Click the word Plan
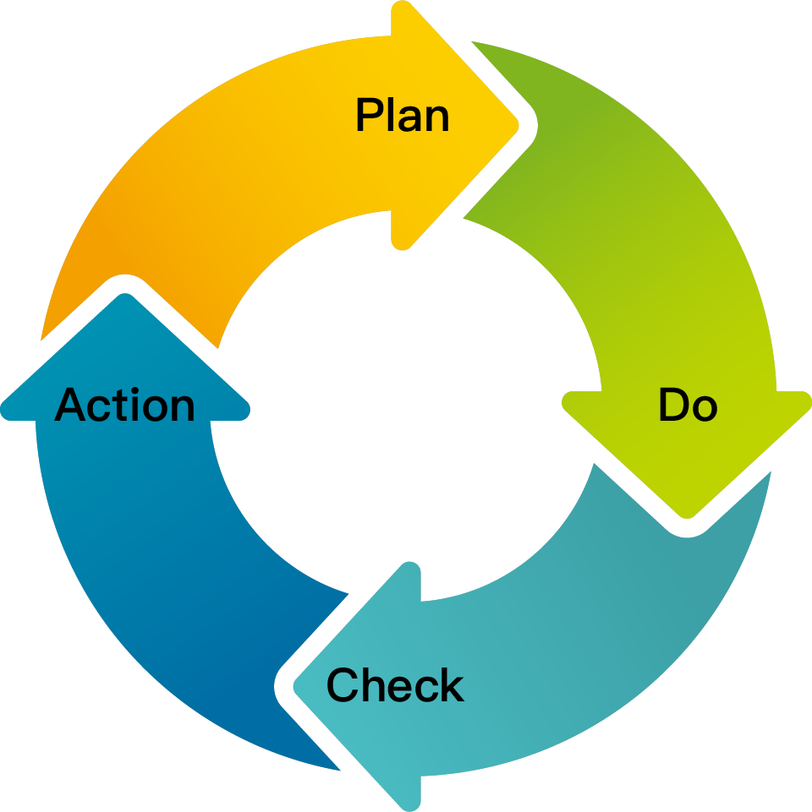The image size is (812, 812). pos(403,114)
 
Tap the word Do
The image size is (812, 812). pos(688,404)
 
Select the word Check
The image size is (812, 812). pos(395,684)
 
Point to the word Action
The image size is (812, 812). pos(124,404)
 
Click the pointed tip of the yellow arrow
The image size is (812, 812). pos(518,125)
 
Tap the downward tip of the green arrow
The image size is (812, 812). pos(687,517)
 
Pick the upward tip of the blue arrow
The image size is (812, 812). pos(125,294)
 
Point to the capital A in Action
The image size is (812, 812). pos(70,404)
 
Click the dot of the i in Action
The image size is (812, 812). pos(134,390)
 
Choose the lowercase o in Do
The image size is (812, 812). pos(705,408)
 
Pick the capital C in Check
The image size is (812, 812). pos(343,684)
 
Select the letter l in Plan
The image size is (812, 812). pos(391,114)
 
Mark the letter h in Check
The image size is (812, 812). pos(373,684)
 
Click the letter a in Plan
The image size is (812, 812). pos(411,118)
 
